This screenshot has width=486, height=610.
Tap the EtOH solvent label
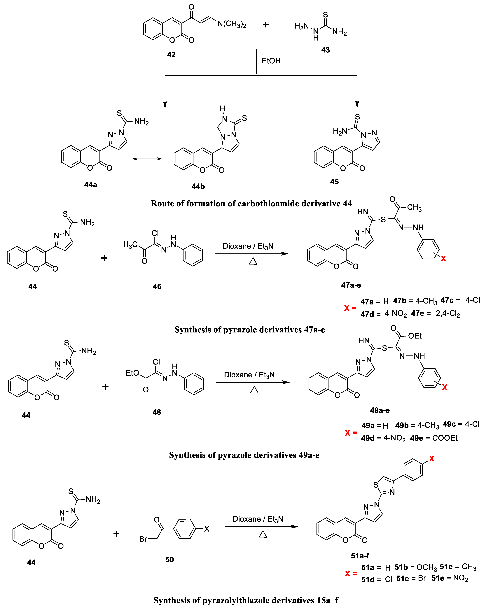[271, 61]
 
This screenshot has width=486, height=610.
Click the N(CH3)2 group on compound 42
[232, 24]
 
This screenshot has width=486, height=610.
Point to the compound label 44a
[91, 185]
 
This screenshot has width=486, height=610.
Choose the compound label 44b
[198, 186]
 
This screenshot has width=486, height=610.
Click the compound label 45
[334, 182]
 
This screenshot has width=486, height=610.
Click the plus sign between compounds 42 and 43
[265, 25]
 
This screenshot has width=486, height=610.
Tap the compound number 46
[157, 287]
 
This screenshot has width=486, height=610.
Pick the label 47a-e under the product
[351, 285]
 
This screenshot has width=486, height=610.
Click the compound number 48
[157, 412]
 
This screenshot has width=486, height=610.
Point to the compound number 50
[169, 560]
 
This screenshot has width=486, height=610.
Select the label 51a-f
[360, 556]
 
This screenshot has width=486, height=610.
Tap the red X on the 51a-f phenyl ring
[432, 459]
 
